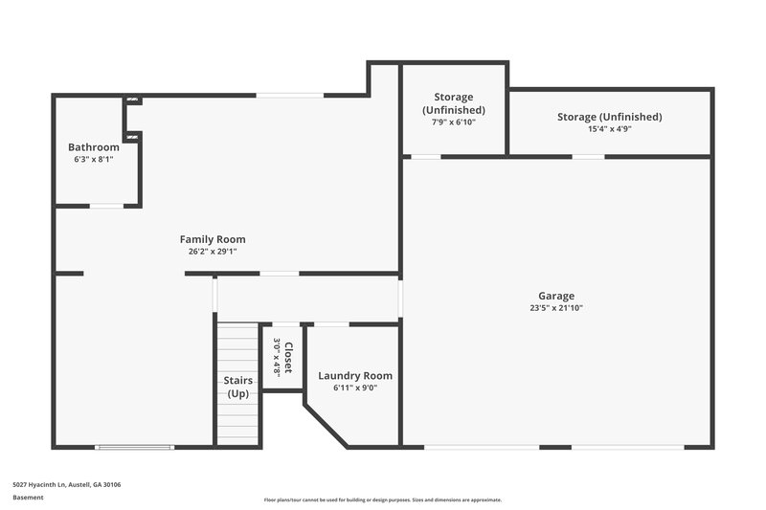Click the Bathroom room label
(x=94, y=147)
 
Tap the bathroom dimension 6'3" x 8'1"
(x=94, y=160)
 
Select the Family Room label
(x=213, y=239)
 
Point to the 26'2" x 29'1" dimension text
(x=213, y=252)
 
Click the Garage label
(x=556, y=296)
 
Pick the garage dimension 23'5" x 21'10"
(x=556, y=308)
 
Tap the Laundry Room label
(x=355, y=376)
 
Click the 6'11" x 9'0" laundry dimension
(x=355, y=388)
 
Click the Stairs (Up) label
(x=238, y=387)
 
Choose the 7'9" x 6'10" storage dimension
(x=454, y=122)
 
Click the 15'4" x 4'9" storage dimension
(x=609, y=130)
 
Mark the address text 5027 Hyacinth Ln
(x=67, y=484)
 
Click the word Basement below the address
(x=28, y=498)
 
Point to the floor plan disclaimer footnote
(x=383, y=499)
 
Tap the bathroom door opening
(x=106, y=206)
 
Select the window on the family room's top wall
(x=289, y=94)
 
